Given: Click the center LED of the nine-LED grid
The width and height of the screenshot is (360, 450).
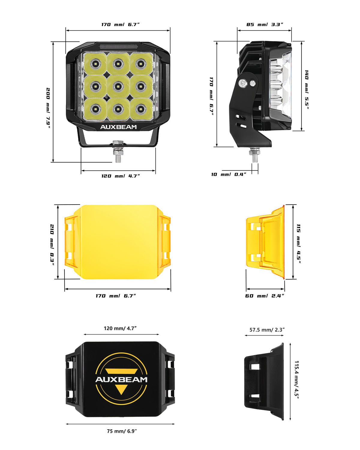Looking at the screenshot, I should [x=118, y=86].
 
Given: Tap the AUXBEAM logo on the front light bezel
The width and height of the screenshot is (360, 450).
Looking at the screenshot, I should [x=118, y=127].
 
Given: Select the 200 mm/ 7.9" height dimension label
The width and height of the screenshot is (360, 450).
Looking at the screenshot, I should [x=48, y=108].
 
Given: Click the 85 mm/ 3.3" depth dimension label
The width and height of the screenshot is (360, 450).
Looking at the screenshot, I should [x=265, y=24].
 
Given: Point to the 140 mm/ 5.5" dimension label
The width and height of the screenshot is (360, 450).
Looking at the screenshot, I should [x=306, y=89].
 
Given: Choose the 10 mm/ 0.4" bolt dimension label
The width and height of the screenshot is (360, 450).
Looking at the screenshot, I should [x=229, y=174].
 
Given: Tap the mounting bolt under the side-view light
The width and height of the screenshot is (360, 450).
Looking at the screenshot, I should [x=255, y=155].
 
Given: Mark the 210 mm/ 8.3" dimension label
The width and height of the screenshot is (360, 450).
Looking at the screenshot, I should [x=52, y=244].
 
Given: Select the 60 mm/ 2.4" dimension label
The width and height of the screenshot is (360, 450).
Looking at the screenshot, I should [x=265, y=296].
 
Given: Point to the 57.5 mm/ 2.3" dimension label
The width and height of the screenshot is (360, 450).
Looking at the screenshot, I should [x=267, y=330].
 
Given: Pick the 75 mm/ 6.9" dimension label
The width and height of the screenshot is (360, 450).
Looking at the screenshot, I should [x=122, y=431].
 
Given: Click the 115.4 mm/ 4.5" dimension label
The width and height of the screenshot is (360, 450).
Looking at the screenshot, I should [x=297, y=379].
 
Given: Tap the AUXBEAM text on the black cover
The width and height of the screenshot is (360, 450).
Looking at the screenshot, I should [x=121, y=379].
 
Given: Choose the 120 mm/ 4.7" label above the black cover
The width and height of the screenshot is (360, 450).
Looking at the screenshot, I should [x=120, y=328].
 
